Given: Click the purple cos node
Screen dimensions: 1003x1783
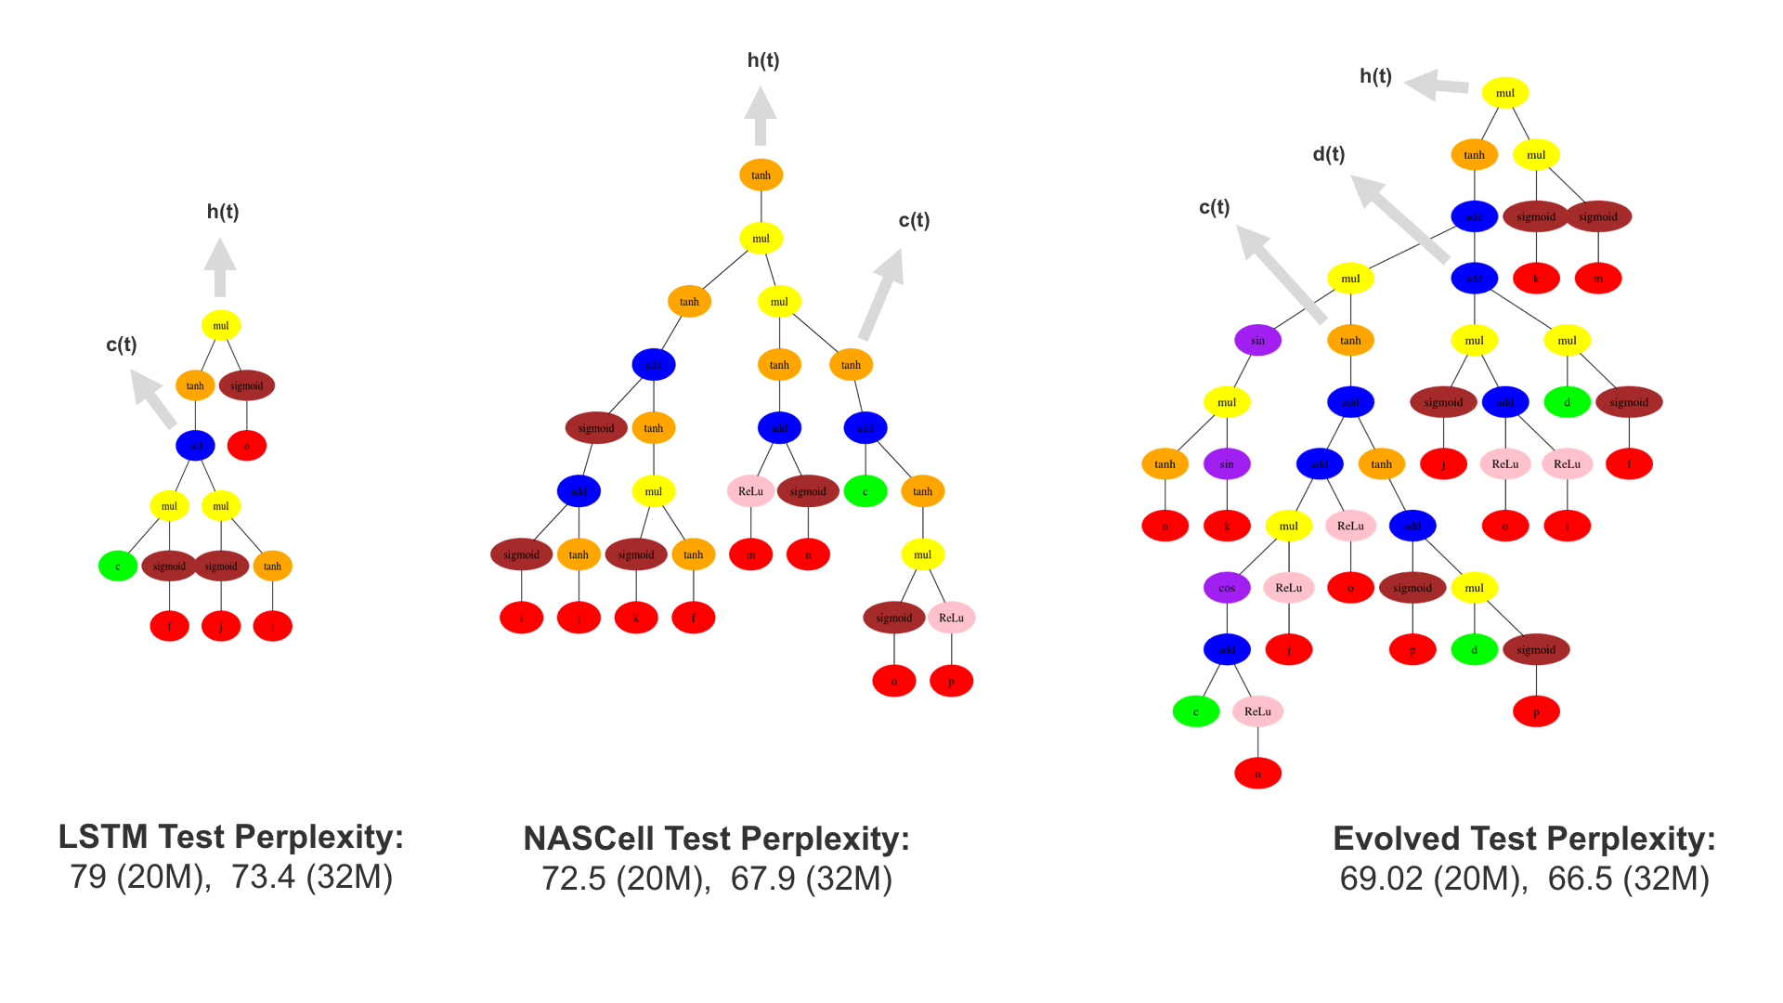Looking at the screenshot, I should tap(1226, 588).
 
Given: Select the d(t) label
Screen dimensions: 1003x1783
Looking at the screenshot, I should tap(1329, 154).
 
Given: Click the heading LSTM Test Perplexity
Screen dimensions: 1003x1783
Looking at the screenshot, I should tap(231, 837).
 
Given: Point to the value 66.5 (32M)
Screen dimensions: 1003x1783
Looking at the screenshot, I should tap(1628, 879).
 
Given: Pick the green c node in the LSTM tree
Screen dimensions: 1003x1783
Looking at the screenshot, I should tap(118, 566).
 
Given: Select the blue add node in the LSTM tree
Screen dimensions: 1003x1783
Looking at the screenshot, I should tap(195, 446).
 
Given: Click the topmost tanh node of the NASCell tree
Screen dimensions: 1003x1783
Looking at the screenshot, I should tap(761, 175).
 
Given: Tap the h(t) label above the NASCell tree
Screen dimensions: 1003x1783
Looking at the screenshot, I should tap(763, 60).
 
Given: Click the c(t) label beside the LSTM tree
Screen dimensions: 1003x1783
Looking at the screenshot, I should tap(122, 345).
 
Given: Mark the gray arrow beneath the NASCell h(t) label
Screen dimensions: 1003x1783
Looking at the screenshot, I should tap(761, 116).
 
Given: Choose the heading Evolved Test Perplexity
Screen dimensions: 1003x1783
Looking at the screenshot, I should tap(1524, 839).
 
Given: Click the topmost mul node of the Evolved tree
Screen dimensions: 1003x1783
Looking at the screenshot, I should tap(1504, 93).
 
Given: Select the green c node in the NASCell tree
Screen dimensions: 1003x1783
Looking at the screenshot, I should tap(865, 491).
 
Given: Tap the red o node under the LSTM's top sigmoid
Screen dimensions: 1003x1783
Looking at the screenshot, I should tap(246, 446).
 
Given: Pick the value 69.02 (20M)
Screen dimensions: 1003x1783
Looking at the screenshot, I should tap(1433, 879).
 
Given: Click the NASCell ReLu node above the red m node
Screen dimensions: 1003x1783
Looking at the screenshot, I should tap(750, 491).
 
